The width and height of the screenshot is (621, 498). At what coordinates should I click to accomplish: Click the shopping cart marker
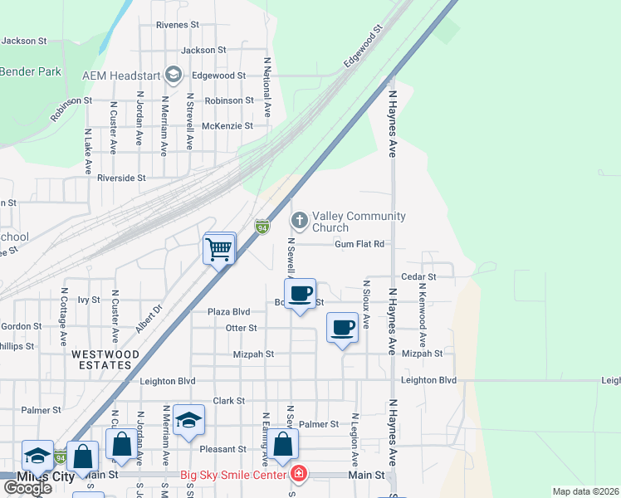pos(219,247)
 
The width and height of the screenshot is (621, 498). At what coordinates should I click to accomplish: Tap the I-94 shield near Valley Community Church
pos(262,227)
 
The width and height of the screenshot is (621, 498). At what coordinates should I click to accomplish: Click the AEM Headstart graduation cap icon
pos(174,76)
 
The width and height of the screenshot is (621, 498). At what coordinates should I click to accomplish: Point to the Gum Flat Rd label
pos(359,245)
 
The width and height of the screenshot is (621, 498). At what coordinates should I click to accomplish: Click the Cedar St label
pos(418,276)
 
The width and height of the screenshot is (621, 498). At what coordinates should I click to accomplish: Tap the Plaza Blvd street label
pos(229,311)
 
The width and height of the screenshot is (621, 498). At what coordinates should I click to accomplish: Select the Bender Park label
pos(31,72)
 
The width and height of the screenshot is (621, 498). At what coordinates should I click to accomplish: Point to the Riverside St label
pos(121,178)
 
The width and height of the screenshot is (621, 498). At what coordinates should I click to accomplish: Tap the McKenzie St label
pos(227,126)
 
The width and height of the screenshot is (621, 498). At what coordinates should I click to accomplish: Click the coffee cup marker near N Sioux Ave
pos(343,328)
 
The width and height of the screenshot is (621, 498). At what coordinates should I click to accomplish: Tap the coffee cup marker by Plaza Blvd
pos(300,293)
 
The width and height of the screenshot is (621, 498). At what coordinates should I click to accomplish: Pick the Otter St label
pos(241,328)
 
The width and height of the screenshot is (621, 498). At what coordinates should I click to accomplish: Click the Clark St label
pos(229,400)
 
